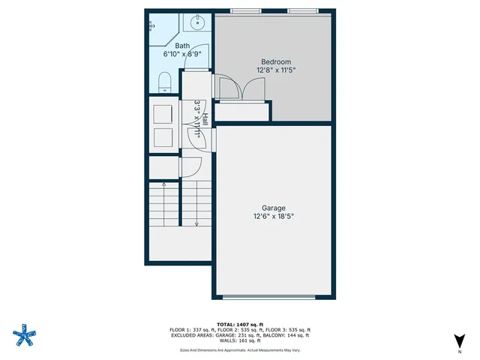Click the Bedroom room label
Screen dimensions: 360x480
point(275,61)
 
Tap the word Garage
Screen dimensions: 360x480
point(274,208)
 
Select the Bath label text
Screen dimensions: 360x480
point(183,46)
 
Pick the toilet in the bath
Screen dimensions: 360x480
point(166,82)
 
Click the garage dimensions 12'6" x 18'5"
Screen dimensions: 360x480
point(274,217)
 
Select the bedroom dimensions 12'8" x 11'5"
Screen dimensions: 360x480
point(275,70)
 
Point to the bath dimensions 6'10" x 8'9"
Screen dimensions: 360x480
point(182,54)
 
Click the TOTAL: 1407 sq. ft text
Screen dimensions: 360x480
point(240,322)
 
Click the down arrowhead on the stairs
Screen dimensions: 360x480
point(196,223)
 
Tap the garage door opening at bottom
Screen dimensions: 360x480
point(274,296)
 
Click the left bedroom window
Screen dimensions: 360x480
point(246,11)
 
